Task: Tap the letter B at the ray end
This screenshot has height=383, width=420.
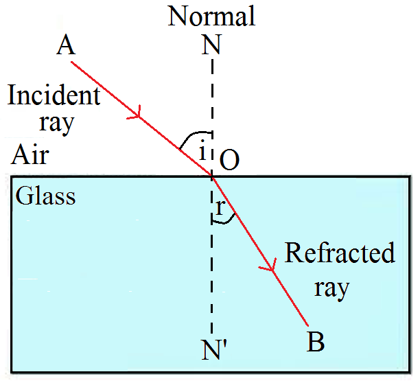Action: (316, 341)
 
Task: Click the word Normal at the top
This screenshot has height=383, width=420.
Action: (211, 16)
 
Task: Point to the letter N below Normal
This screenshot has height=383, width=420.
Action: (211, 45)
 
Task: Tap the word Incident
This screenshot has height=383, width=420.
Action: (54, 96)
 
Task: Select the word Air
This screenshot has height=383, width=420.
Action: (30, 155)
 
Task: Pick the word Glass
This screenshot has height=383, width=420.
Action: (45, 196)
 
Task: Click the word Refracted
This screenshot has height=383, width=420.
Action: (340, 253)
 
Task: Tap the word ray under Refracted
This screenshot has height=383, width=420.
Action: (332, 286)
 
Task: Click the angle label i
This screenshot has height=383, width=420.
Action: (202, 152)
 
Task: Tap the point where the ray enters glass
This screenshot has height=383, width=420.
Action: (212, 176)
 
